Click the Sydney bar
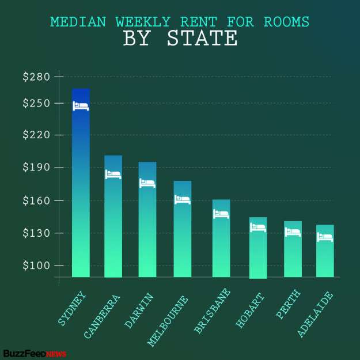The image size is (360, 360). pos(81,190)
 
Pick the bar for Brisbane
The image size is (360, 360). pos(221,242)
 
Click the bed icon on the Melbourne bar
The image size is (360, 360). pos(183,199)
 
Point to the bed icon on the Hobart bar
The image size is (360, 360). pos(258,228)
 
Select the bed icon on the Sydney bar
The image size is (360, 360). pos(81,105)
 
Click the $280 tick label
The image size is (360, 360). pos(36,77)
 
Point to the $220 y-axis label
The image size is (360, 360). pos(36,135)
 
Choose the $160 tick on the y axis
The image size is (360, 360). pos(36,200)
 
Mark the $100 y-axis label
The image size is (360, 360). pos(36,266)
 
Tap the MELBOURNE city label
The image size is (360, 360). pos(168,320)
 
